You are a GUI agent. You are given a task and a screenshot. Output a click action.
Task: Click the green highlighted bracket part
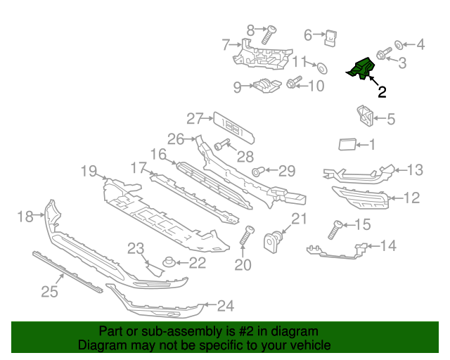click(x=362, y=69)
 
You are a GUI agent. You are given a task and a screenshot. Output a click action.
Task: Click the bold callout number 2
click(x=382, y=91)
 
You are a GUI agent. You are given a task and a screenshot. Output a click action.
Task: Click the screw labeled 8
click(x=268, y=34)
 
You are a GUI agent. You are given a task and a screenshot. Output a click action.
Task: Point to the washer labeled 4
click(x=399, y=45)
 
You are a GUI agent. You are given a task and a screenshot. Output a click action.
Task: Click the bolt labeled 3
click(x=384, y=54)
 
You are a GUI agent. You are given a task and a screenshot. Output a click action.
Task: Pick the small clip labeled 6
click(x=332, y=37)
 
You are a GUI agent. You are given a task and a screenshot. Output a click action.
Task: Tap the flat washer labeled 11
click(x=322, y=67)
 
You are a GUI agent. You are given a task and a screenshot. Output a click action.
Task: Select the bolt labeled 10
click(x=294, y=84)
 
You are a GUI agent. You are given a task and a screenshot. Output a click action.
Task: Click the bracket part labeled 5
click(x=364, y=117)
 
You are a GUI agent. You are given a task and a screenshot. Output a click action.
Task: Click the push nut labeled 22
click(x=169, y=264)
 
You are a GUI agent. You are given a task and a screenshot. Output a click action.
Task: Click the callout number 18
click(x=25, y=217)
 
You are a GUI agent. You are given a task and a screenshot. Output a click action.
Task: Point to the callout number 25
click(x=49, y=292)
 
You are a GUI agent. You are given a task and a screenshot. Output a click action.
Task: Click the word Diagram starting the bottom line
click(x=101, y=345)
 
